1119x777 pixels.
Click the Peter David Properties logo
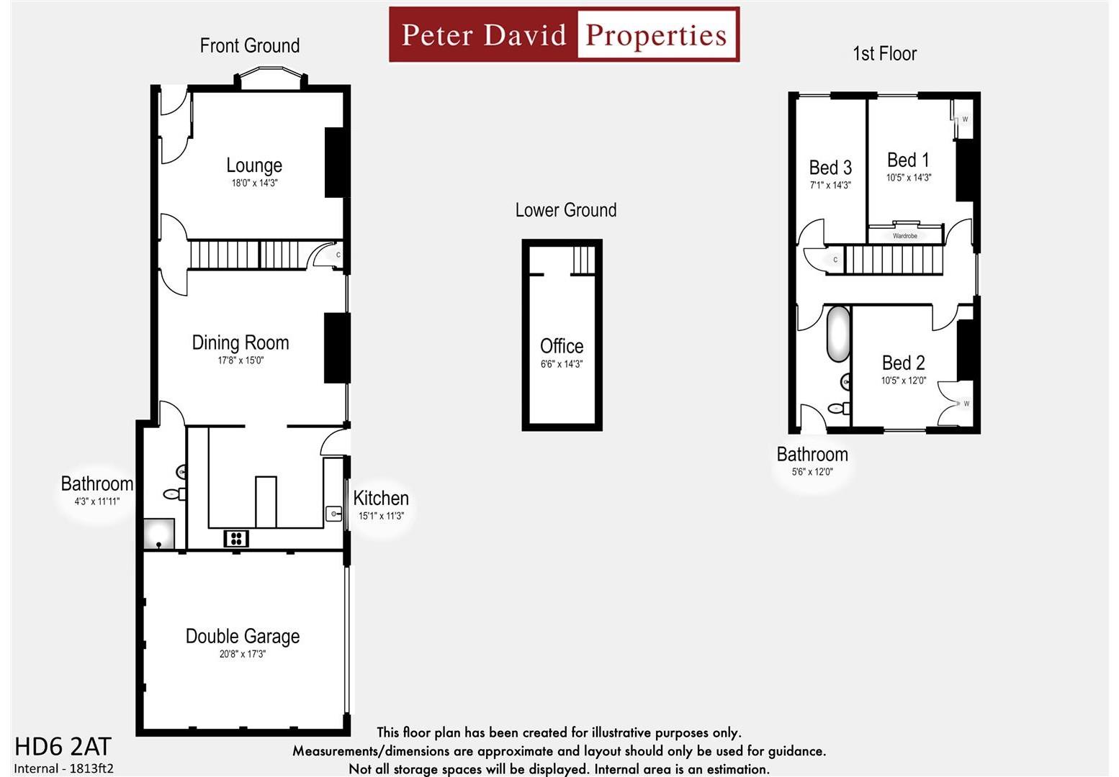tap(564, 35)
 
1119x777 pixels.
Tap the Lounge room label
tap(254, 165)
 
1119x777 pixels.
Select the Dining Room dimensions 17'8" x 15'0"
tap(241, 360)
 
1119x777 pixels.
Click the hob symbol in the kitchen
tap(235, 538)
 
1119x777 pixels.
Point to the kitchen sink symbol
tap(333, 513)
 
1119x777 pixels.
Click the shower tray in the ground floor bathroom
tap(158, 535)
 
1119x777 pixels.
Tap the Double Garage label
tap(243, 636)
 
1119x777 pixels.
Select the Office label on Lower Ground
tap(562, 346)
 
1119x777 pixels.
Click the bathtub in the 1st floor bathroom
tap(837, 334)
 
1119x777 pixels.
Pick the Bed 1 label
tap(908, 160)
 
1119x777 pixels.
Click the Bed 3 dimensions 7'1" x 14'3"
tap(830, 186)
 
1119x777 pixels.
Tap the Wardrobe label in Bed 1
tap(905, 236)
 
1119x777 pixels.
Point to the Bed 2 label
tap(903, 363)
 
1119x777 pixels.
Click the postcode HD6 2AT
tap(63, 746)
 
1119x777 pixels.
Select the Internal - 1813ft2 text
tap(63, 768)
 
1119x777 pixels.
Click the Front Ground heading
tap(250, 45)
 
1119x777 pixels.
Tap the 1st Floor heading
tap(884, 53)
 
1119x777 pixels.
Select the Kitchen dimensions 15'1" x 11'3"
tap(381, 516)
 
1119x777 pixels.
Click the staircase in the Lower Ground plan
tap(584, 260)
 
